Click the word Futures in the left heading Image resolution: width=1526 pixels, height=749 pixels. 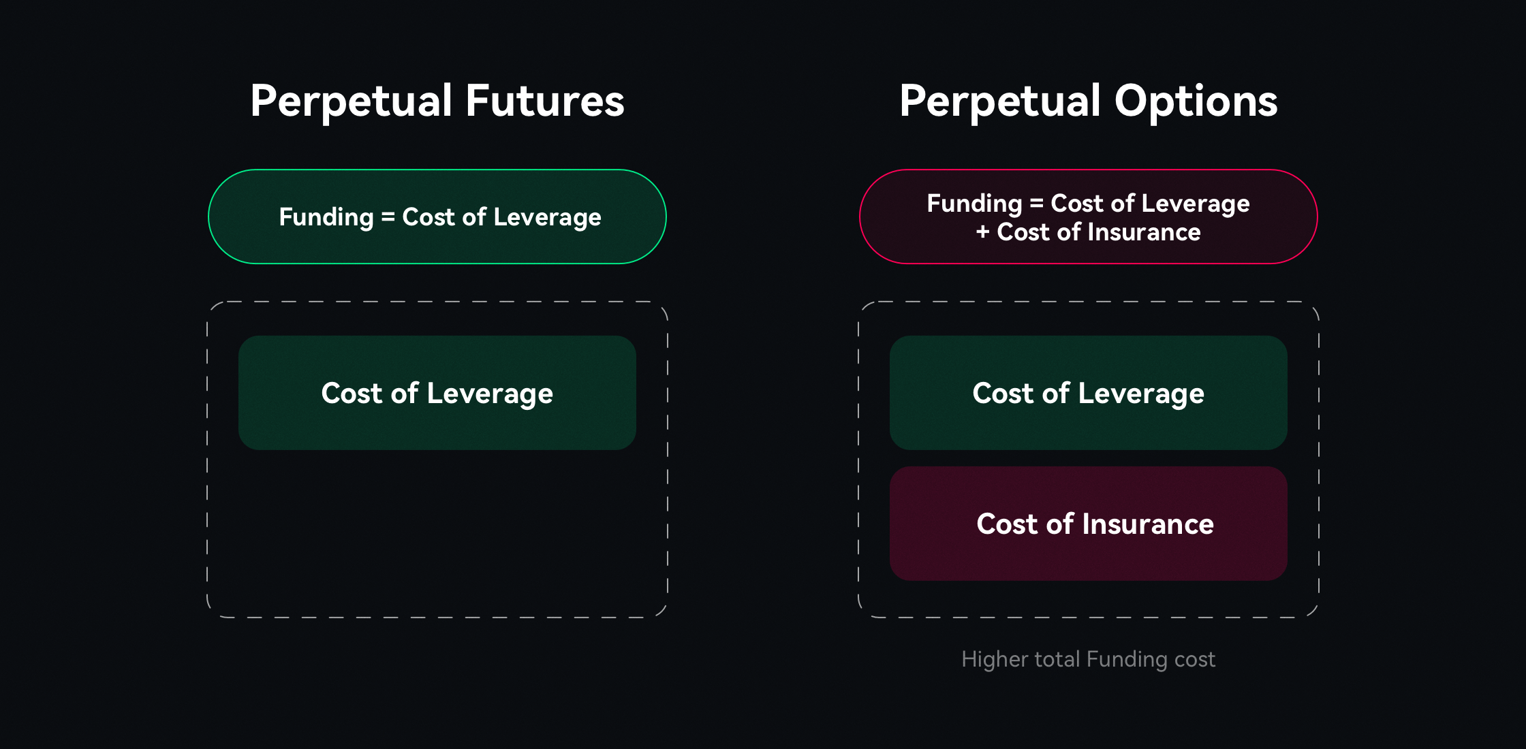coord(545,101)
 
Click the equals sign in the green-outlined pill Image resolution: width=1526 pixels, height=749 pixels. coord(388,217)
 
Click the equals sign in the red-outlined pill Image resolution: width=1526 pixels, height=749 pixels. coord(1036,203)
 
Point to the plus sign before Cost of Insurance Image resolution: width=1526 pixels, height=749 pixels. coord(982,232)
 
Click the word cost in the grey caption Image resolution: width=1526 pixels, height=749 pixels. coord(1195,659)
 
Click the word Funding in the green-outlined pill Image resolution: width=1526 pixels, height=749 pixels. coord(326,217)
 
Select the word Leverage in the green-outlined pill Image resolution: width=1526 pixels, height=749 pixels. coord(547,217)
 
